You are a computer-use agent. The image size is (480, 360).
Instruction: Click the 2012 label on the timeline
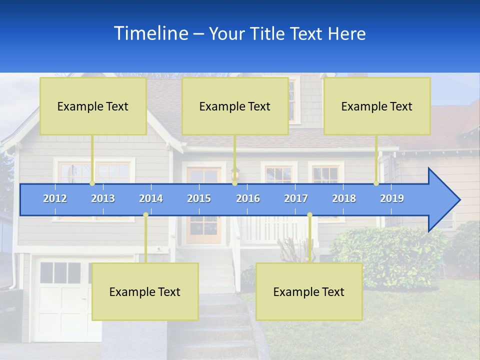[55, 198]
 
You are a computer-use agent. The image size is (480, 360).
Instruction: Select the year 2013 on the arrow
[103, 198]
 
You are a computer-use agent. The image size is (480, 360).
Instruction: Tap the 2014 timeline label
[151, 198]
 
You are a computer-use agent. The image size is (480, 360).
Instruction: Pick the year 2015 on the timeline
[199, 198]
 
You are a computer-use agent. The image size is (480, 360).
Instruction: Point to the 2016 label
[248, 198]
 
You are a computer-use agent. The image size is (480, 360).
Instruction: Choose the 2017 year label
[296, 198]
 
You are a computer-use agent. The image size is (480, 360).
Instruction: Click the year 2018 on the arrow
[344, 198]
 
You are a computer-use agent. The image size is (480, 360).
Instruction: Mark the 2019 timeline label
[392, 198]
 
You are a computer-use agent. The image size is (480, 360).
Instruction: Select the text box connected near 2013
[93, 106]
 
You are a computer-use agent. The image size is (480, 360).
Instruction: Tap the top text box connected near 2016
[235, 106]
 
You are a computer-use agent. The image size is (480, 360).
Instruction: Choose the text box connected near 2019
[377, 106]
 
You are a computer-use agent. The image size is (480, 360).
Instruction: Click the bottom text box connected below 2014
[145, 291]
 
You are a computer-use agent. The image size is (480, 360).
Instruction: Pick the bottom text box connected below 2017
[309, 291]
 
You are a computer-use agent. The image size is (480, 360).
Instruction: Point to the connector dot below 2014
[145, 215]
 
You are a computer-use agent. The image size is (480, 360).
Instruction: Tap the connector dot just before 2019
[376, 183]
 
